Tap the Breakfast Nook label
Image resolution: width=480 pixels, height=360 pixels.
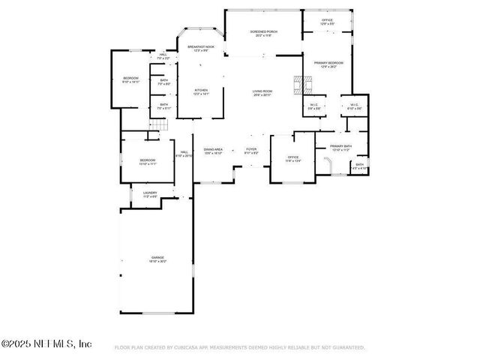tap(200, 49)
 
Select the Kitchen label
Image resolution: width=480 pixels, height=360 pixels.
tap(200, 92)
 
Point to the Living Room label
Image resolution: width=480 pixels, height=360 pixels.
tap(262, 92)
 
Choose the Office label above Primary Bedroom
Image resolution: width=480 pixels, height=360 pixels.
tap(327, 22)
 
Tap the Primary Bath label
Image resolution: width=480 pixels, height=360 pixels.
tap(341, 148)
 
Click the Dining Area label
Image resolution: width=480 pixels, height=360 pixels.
tap(213, 150)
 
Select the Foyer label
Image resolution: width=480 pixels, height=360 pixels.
tap(252, 150)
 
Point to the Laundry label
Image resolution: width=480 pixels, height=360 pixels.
tap(149, 194)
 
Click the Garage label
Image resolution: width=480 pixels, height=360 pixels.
tap(157, 259)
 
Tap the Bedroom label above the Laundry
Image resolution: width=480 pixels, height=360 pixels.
tap(147, 161)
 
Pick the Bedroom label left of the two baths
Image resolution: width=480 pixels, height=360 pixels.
tap(130, 80)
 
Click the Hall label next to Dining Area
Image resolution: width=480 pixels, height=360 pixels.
tap(183, 154)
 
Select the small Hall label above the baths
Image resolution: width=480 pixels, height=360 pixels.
tap(163, 56)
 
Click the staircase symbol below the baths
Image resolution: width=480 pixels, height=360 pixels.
tap(157, 125)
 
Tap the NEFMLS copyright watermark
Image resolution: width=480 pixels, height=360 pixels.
tap(46, 343)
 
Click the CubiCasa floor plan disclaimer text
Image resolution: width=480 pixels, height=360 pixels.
tap(240, 348)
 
